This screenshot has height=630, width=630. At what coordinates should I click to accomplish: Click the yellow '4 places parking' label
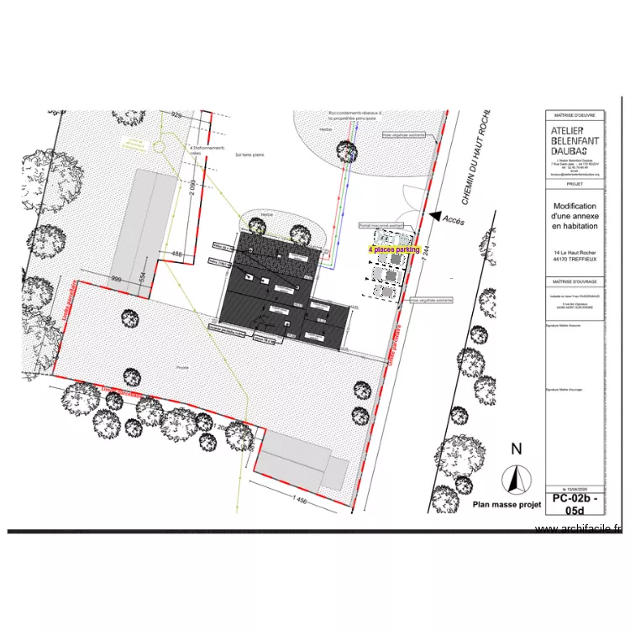[394, 249]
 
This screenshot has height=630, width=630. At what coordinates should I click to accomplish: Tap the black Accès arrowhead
[435, 216]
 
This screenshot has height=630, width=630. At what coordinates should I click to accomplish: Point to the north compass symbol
[513, 480]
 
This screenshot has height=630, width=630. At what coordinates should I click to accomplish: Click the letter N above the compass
[516, 449]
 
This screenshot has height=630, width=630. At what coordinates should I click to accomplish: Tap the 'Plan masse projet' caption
[506, 505]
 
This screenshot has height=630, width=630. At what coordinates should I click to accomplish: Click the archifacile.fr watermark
[580, 528]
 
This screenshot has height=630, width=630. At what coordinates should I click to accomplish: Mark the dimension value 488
[177, 254]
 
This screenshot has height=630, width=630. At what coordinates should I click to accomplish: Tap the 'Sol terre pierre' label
[250, 155]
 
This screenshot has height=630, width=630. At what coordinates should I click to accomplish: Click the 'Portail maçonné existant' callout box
[381, 225]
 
